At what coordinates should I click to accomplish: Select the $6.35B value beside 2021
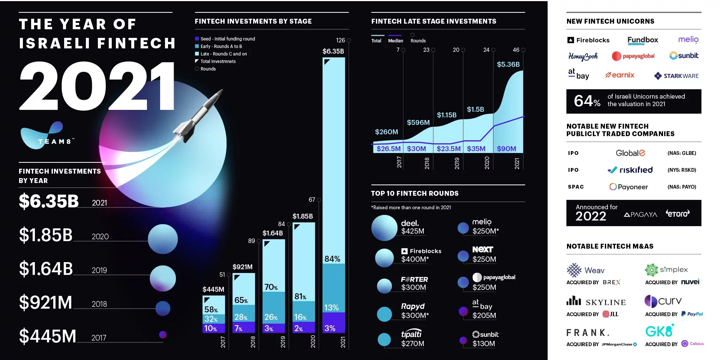[49, 201]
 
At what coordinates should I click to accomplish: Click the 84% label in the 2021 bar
[332, 259]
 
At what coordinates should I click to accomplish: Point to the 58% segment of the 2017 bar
[211, 310]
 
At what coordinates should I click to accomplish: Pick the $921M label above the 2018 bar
[242, 267]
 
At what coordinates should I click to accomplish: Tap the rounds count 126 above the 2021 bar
[340, 40]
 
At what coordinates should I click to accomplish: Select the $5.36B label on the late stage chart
[508, 64]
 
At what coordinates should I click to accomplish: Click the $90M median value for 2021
[506, 149]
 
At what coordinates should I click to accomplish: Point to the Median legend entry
[395, 40]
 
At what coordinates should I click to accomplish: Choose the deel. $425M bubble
[384, 228]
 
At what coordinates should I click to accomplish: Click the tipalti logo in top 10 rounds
[411, 334]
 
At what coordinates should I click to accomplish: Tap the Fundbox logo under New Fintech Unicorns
[642, 40]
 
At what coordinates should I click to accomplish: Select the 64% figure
[587, 101]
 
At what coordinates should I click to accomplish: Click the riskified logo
[630, 170]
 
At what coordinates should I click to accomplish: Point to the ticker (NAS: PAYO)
[681, 187]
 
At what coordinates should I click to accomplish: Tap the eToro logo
[677, 214]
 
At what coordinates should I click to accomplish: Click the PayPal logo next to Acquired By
[692, 314]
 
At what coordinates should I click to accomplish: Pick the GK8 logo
[659, 331]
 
